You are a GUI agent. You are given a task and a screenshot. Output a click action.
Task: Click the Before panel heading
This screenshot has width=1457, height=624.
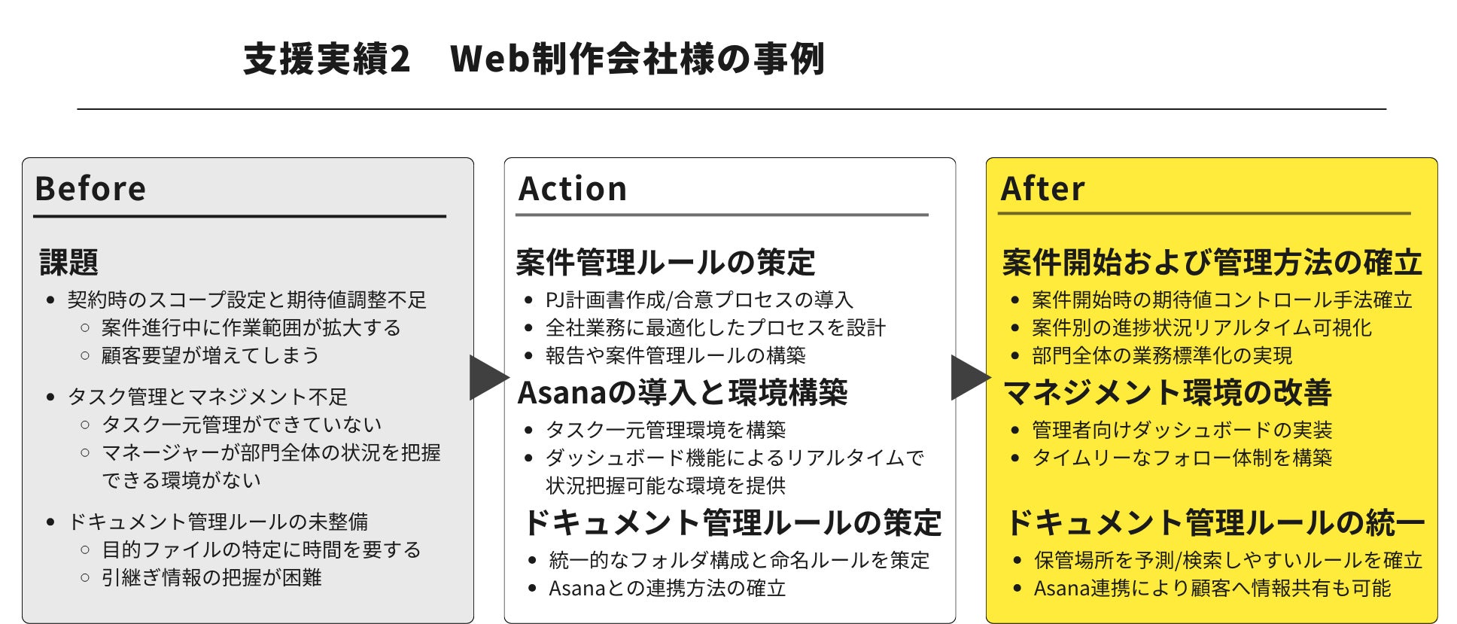(x=90, y=188)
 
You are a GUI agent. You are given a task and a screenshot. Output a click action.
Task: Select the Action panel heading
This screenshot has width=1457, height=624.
(x=573, y=188)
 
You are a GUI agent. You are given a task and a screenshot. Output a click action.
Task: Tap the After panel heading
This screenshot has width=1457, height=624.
(x=1043, y=188)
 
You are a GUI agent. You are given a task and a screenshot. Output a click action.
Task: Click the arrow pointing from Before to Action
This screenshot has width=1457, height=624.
(x=488, y=377)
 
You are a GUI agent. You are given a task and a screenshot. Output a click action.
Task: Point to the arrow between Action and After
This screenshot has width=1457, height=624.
(x=969, y=377)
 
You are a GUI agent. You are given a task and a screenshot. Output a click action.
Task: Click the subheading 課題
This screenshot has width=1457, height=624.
(x=69, y=262)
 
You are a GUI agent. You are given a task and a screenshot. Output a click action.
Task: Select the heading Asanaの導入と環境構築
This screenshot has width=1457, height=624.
(x=683, y=392)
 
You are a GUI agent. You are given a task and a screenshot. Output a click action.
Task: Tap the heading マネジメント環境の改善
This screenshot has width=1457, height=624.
(x=1167, y=392)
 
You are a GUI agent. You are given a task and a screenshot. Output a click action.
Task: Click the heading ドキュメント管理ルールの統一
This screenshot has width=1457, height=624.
(x=1215, y=522)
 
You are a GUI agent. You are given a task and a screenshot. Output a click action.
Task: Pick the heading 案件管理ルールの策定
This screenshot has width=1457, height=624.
(x=666, y=262)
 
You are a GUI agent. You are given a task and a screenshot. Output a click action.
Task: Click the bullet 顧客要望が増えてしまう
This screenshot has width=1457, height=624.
(x=210, y=355)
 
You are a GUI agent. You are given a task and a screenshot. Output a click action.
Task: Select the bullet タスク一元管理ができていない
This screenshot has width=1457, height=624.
(x=242, y=425)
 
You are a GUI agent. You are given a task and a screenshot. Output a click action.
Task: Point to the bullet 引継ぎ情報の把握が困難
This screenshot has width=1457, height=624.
(x=211, y=577)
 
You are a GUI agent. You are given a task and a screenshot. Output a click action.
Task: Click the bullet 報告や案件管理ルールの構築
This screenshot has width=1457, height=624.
(x=675, y=355)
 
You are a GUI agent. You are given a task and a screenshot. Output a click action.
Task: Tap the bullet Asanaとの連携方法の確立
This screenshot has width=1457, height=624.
(x=667, y=588)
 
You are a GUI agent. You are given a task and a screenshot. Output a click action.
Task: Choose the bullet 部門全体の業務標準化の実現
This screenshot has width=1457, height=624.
(x=1162, y=355)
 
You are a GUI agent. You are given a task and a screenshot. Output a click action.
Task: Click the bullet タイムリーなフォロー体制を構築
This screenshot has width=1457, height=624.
(x=1182, y=458)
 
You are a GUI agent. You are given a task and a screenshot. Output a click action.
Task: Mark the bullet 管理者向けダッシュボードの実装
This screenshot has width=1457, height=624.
(x=1182, y=430)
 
